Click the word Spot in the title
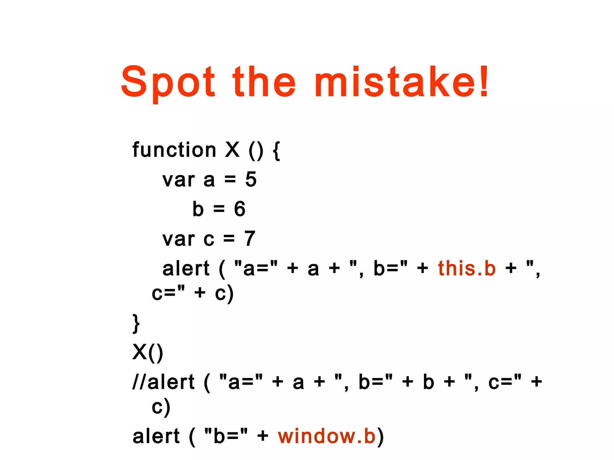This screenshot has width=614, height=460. pyautogui.click(x=168, y=82)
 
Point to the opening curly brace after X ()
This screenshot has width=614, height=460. pyautogui.click(x=276, y=151)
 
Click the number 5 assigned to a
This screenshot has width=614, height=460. pyautogui.click(x=251, y=179)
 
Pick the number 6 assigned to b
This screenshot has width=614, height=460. pyautogui.click(x=240, y=209)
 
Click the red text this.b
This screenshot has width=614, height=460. pyautogui.click(x=467, y=268)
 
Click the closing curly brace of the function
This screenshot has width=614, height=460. pyautogui.click(x=136, y=323)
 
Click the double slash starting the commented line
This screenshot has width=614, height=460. pyautogui.click(x=140, y=382)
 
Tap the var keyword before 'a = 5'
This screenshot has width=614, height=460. pyautogui.click(x=179, y=180)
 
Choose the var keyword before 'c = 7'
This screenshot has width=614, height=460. pyautogui.click(x=179, y=239)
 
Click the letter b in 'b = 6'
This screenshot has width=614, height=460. pyautogui.click(x=198, y=209)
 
